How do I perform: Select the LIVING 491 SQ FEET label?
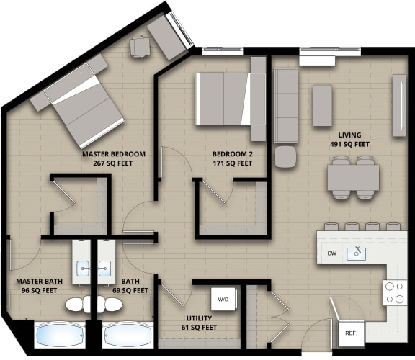click(349, 140)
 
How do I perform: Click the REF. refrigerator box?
click(352, 333)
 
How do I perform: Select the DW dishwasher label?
click(331, 253)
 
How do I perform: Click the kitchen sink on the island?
click(356, 253)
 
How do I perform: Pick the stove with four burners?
click(394, 292)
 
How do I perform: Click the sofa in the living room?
click(285, 106)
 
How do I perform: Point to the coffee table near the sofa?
click(322, 105)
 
